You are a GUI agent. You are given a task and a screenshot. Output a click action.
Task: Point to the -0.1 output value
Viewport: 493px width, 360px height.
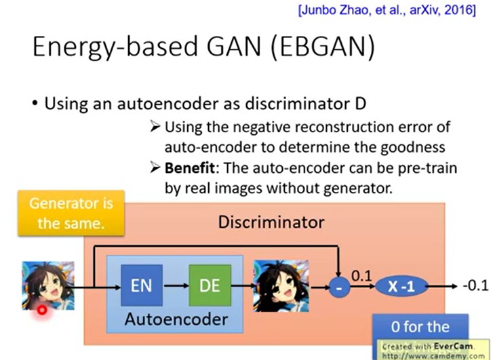click(x=475, y=286)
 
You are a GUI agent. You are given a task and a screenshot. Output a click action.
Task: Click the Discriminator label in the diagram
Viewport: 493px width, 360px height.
click(x=271, y=222)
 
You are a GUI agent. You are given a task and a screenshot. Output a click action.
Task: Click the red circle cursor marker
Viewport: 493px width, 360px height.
click(x=42, y=310)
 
